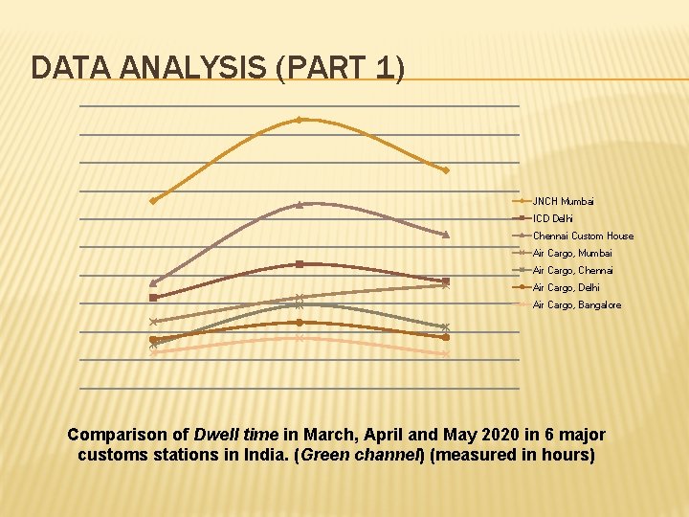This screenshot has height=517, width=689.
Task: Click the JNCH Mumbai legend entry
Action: point(563,201)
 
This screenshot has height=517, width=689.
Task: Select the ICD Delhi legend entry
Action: point(552,218)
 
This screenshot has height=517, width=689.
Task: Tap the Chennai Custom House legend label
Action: point(582,236)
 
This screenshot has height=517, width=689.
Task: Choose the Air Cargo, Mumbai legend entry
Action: point(571,253)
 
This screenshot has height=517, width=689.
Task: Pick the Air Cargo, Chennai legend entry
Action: point(572,270)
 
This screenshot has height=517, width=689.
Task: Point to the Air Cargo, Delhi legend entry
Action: point(566,287)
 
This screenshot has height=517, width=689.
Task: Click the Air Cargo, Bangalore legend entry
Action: point(576,304)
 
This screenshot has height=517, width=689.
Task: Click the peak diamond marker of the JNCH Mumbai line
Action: point(300,120)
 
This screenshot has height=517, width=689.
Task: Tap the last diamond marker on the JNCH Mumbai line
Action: point(446,170)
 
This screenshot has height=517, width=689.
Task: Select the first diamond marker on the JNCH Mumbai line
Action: point(153,200)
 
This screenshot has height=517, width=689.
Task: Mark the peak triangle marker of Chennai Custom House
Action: point(300,204)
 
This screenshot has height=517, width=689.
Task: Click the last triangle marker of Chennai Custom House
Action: point(446,235)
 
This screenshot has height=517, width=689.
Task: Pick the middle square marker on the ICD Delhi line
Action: point(300,263)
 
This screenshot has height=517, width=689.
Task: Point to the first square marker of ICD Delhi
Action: point(153,298)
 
